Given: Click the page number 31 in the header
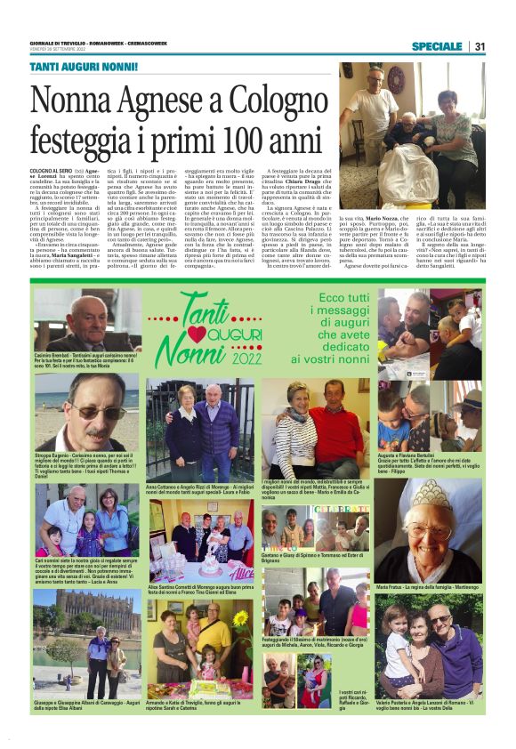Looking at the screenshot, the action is click(479, 46).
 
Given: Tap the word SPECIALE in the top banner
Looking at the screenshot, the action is click(437, 46).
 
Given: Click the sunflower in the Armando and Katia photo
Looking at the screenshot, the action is click(238, 617).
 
